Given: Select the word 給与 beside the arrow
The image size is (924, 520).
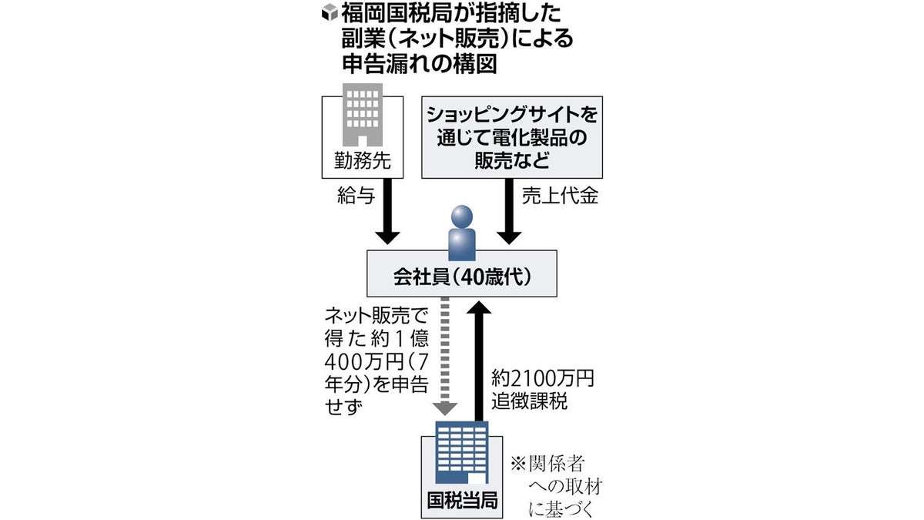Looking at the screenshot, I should [x=356, y=198].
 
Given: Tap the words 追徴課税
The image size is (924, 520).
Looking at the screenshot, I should [x=530, y=403].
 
